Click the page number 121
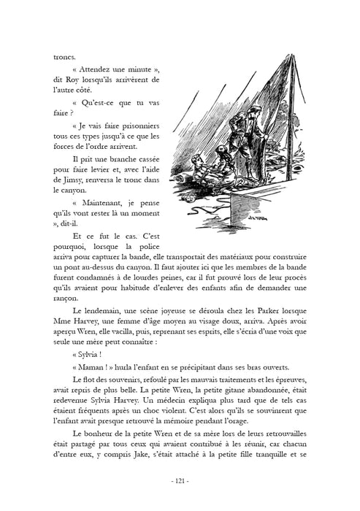click(180, 481)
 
